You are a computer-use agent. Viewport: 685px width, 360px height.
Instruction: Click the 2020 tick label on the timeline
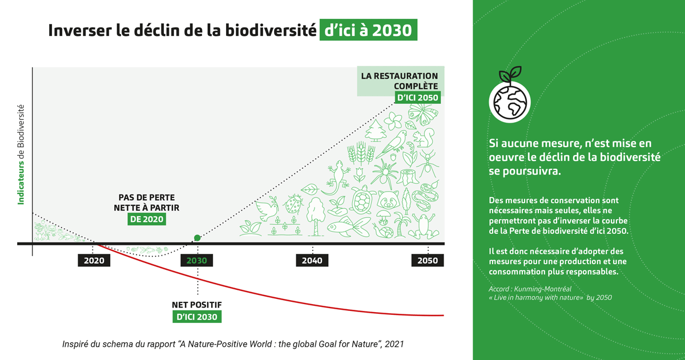(94, 261)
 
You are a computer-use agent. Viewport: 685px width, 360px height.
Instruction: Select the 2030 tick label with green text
(197, 261)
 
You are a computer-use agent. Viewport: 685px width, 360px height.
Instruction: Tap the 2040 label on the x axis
(312, 261)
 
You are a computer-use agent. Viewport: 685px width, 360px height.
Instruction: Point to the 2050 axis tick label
(427, 261)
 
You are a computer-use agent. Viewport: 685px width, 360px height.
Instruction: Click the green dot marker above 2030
(197, 238)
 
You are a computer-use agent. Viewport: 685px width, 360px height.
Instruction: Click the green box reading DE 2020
(147, 219)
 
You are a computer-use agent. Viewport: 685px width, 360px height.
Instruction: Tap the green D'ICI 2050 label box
(417, 98)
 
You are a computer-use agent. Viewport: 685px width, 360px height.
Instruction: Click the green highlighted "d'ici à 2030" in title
(368, 30)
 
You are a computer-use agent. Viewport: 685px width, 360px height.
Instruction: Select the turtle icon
(362, 199)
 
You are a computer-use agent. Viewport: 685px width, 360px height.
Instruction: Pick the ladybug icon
(293, 203)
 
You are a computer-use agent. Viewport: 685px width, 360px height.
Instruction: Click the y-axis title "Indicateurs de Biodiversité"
(21, 155)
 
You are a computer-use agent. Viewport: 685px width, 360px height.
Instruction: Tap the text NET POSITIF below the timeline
(197, 304)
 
